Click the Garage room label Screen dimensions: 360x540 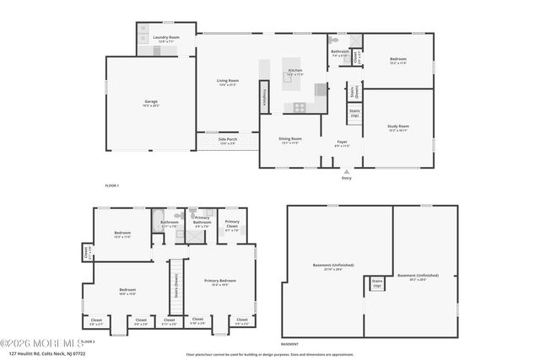tap(150, 102)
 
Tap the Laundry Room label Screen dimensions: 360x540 tap(166, 38)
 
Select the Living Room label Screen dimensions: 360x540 tap(228, 82)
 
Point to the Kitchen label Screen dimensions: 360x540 tap(295, 71)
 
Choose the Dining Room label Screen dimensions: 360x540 tap(290, 140)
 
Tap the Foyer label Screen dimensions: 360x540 tap(342, 143)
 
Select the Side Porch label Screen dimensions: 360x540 tap(228, 142)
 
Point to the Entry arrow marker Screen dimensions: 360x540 tap(346, 171)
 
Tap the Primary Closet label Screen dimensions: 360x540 tap(232, 223)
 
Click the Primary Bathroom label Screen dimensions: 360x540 tap(202, 223)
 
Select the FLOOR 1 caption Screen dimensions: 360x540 tap(111, 185)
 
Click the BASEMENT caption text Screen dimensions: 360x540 tap(289, 344)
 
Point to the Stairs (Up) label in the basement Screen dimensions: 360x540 tap(377, 284)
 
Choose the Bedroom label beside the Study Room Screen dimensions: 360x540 tap(398, 60)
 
